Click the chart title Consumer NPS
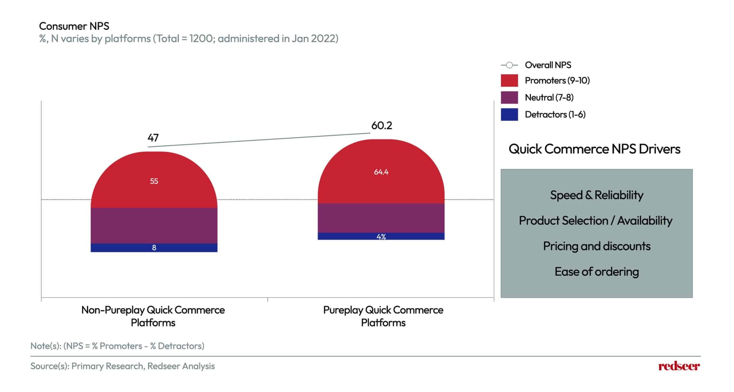tap(74, 26)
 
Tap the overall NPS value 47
tap(153, 138)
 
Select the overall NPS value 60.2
tap(382, 125)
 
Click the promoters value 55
tap(154, 181)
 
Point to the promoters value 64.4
tap(381, 172)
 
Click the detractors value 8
tap(154, 248)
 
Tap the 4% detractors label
tap(381, 237)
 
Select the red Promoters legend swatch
tap(509, 81)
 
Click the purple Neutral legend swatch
tap(509, 98)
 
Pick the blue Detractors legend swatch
tap(509, 114)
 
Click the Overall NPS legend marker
tap(509, 65)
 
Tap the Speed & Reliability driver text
tap(596, 195)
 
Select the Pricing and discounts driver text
tap(596, 246)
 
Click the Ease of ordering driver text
tap(596, 272)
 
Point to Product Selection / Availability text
tap(595, 221)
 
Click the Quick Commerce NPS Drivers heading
tap(594, 149)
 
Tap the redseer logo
tap(679, 366)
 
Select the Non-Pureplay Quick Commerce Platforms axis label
tap(153, 316)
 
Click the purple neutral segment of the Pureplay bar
tap(381, 218)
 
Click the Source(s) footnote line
tap(122, 366)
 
